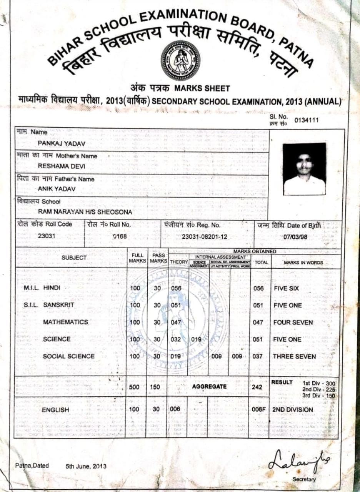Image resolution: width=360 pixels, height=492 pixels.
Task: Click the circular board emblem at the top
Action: tap(180, 60)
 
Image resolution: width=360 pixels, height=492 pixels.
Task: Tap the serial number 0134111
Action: tap(307, 120)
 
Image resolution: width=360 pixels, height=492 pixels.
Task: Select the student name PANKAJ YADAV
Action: tap(62, 143)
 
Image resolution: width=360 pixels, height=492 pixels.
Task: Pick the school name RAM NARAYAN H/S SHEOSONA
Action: tap(85, 212)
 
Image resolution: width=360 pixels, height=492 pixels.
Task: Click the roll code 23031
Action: tap(46, 236)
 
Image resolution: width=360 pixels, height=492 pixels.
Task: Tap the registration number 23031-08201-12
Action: tap(205, 237)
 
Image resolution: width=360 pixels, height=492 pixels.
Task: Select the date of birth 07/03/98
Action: tap(295, 237)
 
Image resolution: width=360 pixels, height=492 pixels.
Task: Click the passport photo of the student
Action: tap(304, 169)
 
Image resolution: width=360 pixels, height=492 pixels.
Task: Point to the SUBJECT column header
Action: tap(74, 258)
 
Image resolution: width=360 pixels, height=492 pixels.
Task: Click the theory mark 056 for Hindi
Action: tap(176, 288)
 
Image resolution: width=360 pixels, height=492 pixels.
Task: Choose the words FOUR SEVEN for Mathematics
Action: tap(293, 322)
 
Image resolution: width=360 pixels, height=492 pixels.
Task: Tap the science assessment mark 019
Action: tap(197, 339)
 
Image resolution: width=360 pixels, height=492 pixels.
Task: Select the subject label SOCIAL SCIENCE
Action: tap(68, 356)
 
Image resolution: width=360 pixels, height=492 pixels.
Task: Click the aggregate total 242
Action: tap(257, 387)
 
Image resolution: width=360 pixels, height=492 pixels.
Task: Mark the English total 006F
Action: tap(259, 410)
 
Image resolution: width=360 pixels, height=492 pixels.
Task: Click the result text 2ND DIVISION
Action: tap(293, 410)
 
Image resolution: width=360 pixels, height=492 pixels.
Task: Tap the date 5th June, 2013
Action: tap(86, 467)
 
